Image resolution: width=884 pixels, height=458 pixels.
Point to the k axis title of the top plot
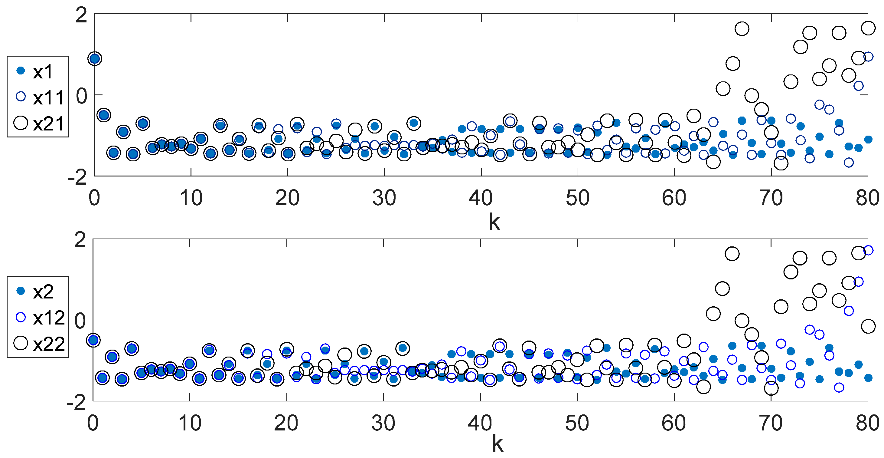pos(494,223)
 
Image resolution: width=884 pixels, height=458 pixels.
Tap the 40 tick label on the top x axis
pos(481,198)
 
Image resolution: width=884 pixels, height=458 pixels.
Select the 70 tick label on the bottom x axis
pos(771,423)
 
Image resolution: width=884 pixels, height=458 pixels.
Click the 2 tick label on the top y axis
pos(81,15)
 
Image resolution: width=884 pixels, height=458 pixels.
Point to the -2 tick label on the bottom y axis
pos(77,402)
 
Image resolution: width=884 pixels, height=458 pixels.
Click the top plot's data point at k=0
pos(95,59)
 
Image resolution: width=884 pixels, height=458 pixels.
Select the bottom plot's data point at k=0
pos(93,340)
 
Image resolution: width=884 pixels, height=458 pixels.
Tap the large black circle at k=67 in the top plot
pos(742,29)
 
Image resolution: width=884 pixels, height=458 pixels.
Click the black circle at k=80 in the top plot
pos(868,28)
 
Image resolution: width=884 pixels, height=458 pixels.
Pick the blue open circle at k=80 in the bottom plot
pos(868,250)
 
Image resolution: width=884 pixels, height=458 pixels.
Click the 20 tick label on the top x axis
pos(287,198)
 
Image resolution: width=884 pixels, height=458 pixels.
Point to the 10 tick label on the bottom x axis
pos(190,423)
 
